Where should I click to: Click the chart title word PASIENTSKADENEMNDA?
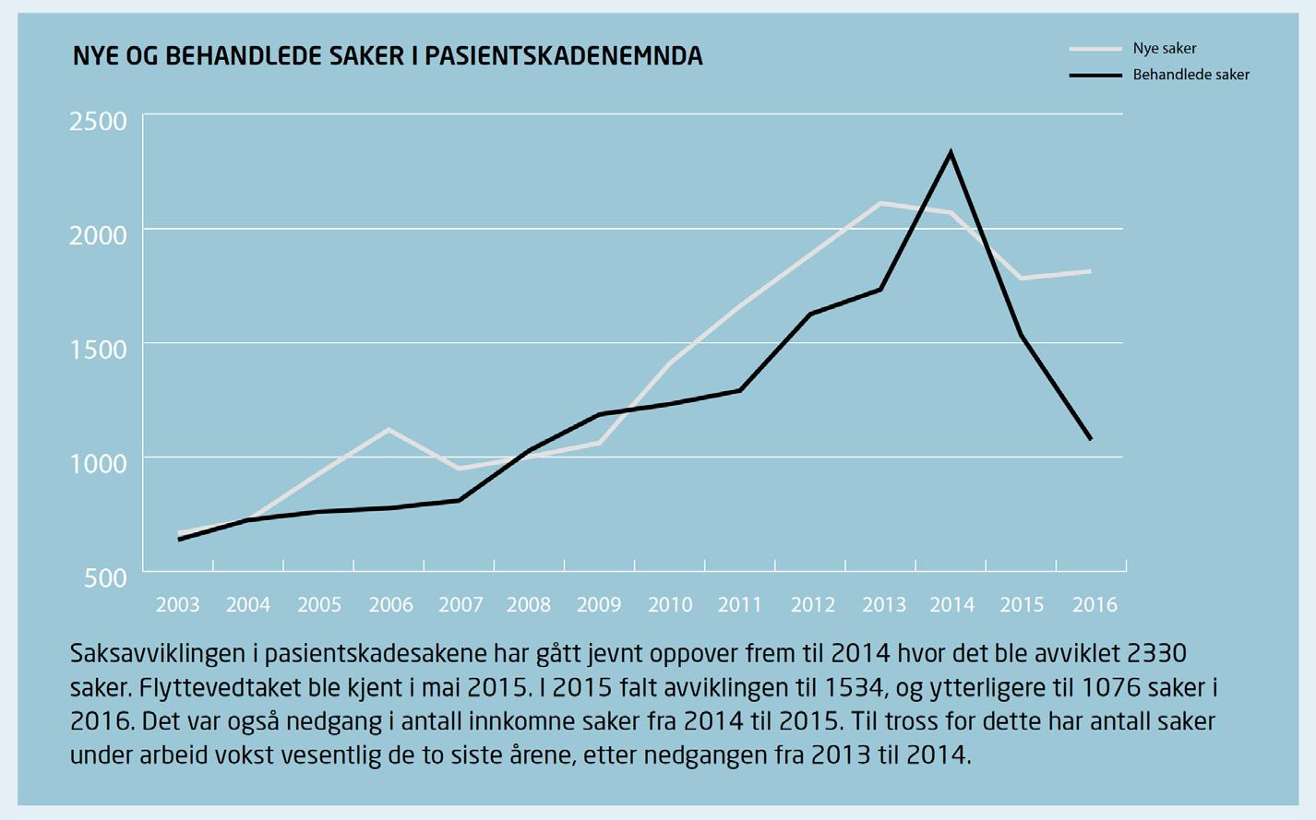point(564,55)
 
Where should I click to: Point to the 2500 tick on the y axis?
point(98,122)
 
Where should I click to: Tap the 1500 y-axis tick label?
point(98,350)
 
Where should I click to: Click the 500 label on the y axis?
point(106,578)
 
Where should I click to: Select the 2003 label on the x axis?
point(177,604)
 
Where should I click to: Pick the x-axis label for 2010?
point(670,604)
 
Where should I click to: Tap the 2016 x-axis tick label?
point(1095,604)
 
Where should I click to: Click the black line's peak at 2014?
point(951,153)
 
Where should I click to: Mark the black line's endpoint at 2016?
point(1091,439)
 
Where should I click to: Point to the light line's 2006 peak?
point(389,430)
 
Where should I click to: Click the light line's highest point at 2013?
point(880,203)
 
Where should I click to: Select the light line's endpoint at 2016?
point(1091,271)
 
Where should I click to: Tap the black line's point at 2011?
point(740,390)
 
